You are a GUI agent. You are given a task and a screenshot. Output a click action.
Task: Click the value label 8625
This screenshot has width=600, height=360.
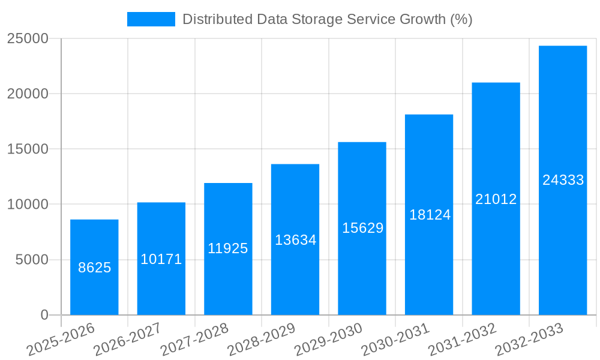tap(95, 268)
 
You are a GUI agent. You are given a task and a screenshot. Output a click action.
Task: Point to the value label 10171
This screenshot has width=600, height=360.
tap(161, 259)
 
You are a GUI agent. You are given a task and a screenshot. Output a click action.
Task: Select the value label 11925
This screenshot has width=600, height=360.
tap(228, 248)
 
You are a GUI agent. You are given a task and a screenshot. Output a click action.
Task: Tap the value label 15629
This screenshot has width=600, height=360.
tap(362, 228)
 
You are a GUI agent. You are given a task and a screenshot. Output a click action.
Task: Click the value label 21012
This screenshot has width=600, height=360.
tap(496, 199)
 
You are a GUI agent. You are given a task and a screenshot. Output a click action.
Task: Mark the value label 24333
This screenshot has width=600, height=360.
tap(563, 180)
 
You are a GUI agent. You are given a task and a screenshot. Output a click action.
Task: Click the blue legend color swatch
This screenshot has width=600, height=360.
tap(151, 19)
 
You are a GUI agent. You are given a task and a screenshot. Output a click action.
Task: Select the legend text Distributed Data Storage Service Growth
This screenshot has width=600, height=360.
tap(327, 19)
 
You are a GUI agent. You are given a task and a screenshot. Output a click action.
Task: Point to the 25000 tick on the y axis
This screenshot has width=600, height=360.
tap(28, 38)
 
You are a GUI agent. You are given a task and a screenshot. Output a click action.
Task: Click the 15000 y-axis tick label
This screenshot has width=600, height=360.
tap(28, 149)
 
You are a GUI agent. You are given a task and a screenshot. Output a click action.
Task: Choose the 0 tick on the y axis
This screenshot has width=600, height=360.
tap(44, 315)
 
